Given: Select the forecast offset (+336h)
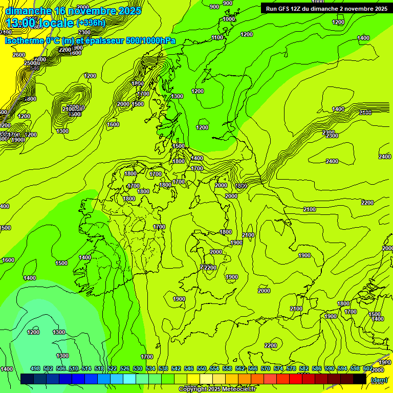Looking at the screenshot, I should pos(91,23).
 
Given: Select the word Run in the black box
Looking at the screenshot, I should pos(272,9).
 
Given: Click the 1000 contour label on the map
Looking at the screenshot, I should pos(229,19).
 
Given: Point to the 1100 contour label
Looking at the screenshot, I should pos(217,37).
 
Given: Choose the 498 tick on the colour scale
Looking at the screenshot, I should pos(35,368).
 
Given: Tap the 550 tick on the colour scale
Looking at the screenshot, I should pos(202,368).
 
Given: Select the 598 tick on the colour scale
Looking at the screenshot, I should pos(355,368).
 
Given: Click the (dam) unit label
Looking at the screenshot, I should pos(379,380).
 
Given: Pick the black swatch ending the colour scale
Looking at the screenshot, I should pos(360,379).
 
